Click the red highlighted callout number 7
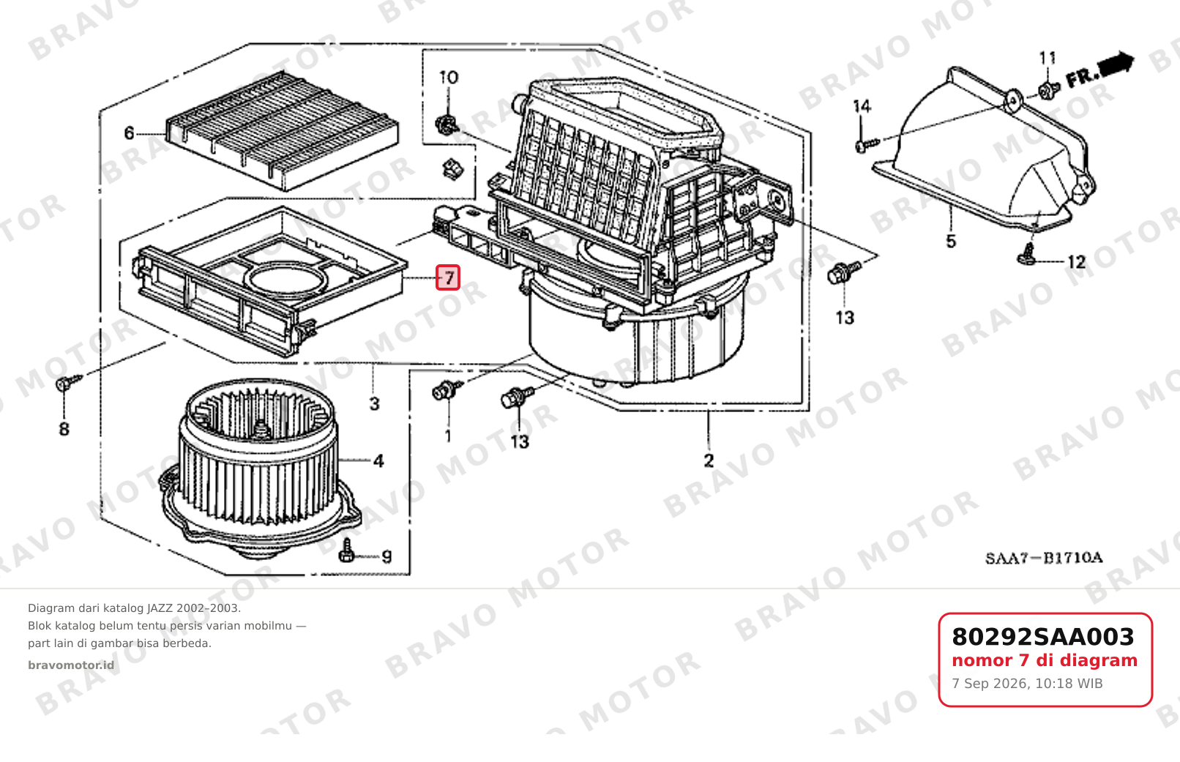448,277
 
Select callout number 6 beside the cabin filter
129,132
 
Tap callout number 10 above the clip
448,78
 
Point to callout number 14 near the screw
862,106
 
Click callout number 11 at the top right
1048,58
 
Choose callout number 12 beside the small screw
1076,262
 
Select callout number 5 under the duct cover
951,241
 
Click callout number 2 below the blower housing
709,460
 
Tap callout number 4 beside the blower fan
378,461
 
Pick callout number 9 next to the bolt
387,556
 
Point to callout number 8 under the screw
64,429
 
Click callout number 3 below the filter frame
374,404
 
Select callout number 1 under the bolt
448,436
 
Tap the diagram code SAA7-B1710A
1044,558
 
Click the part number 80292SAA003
1043,637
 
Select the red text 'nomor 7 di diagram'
1045,660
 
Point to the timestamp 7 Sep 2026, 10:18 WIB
1027,684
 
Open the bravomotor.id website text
71,665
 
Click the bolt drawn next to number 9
347,551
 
